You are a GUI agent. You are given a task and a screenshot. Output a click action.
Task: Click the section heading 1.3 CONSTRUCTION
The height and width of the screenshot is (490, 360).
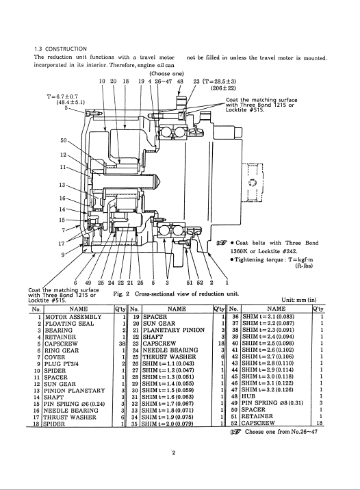point(60,49)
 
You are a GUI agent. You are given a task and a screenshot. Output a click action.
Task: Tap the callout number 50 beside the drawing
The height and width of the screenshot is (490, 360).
point(64,140)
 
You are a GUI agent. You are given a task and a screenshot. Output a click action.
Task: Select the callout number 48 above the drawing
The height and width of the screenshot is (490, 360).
point(180,81)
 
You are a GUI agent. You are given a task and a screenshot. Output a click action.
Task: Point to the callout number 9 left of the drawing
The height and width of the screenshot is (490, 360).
point(63,255)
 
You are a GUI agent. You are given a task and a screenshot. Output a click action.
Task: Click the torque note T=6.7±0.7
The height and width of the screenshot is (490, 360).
point(62,96)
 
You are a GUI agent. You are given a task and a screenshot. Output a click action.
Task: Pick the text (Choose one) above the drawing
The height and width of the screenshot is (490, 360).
point(166,74)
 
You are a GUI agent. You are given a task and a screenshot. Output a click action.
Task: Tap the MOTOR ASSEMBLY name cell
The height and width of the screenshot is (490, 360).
point(73,317)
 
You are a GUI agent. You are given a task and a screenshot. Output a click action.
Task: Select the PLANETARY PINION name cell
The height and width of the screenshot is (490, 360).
point(174,330)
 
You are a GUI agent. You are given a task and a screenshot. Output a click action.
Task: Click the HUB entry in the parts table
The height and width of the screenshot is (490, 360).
point(248,396)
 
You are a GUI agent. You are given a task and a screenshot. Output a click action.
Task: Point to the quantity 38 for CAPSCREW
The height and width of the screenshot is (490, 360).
point(123,344)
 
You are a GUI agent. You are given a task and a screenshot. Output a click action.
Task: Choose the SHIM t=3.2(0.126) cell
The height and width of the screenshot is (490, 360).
point(268,389)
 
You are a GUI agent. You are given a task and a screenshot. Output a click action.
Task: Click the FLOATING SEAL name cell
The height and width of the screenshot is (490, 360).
point(69,324)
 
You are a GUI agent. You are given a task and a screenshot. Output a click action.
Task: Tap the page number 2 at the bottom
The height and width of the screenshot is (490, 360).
point(174,452)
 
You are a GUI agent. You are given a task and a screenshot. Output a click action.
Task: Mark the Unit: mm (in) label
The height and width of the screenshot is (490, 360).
point(299,300)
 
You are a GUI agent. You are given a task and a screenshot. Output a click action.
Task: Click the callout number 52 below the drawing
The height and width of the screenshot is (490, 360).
point(200,283)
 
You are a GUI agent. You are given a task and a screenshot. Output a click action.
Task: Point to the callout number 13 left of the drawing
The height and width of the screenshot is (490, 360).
point(62,185)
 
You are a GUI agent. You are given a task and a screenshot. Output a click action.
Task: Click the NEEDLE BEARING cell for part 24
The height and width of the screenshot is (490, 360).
point(170,350)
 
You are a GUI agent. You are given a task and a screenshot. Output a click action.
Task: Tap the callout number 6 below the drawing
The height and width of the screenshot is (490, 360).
point(75,283)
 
